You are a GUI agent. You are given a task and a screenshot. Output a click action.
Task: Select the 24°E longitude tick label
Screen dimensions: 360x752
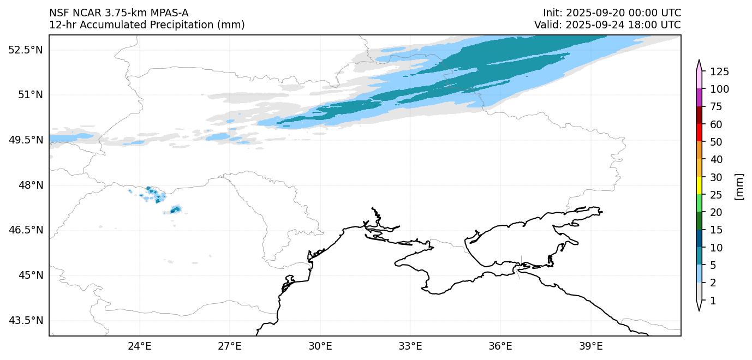[139, 346]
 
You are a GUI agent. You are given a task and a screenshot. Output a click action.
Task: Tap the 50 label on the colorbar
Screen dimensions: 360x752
[715, 142]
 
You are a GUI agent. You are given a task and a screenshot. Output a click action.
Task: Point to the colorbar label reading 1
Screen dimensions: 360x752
[713, 301]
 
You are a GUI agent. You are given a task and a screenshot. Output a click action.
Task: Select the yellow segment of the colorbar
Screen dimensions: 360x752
[699, 185]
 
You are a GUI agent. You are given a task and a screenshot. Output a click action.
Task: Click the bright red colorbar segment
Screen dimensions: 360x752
[699, 133]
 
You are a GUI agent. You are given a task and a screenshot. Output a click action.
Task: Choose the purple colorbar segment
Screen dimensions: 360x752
[699, 97]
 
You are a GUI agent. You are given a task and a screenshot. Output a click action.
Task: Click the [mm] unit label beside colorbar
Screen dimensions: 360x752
[739, 187]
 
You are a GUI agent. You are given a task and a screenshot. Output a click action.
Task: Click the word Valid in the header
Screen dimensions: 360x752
[547, 25]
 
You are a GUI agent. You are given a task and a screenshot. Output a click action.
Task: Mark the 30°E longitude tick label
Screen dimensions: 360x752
[320, 346]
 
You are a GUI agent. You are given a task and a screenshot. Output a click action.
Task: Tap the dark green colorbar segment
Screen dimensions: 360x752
[699, 220]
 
